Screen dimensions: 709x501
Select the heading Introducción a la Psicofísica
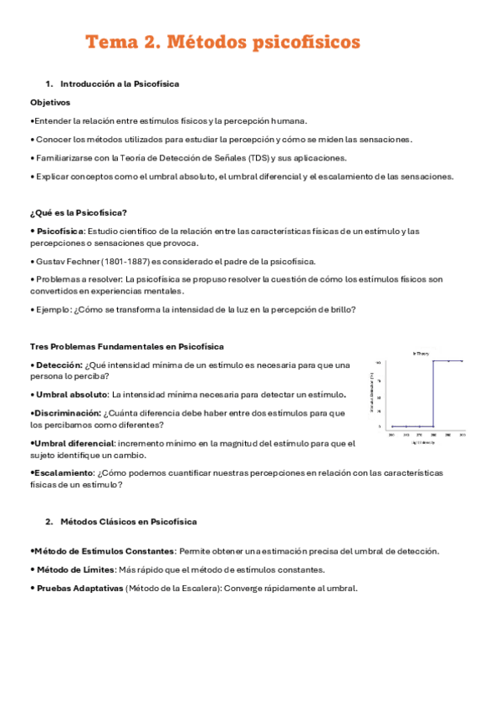pyautogui.click(x=120, y=84)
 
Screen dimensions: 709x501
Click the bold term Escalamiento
pyautogui.click(x=64, y=472)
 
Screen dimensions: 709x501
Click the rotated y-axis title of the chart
pyautogui.click(x=371, y=394)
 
